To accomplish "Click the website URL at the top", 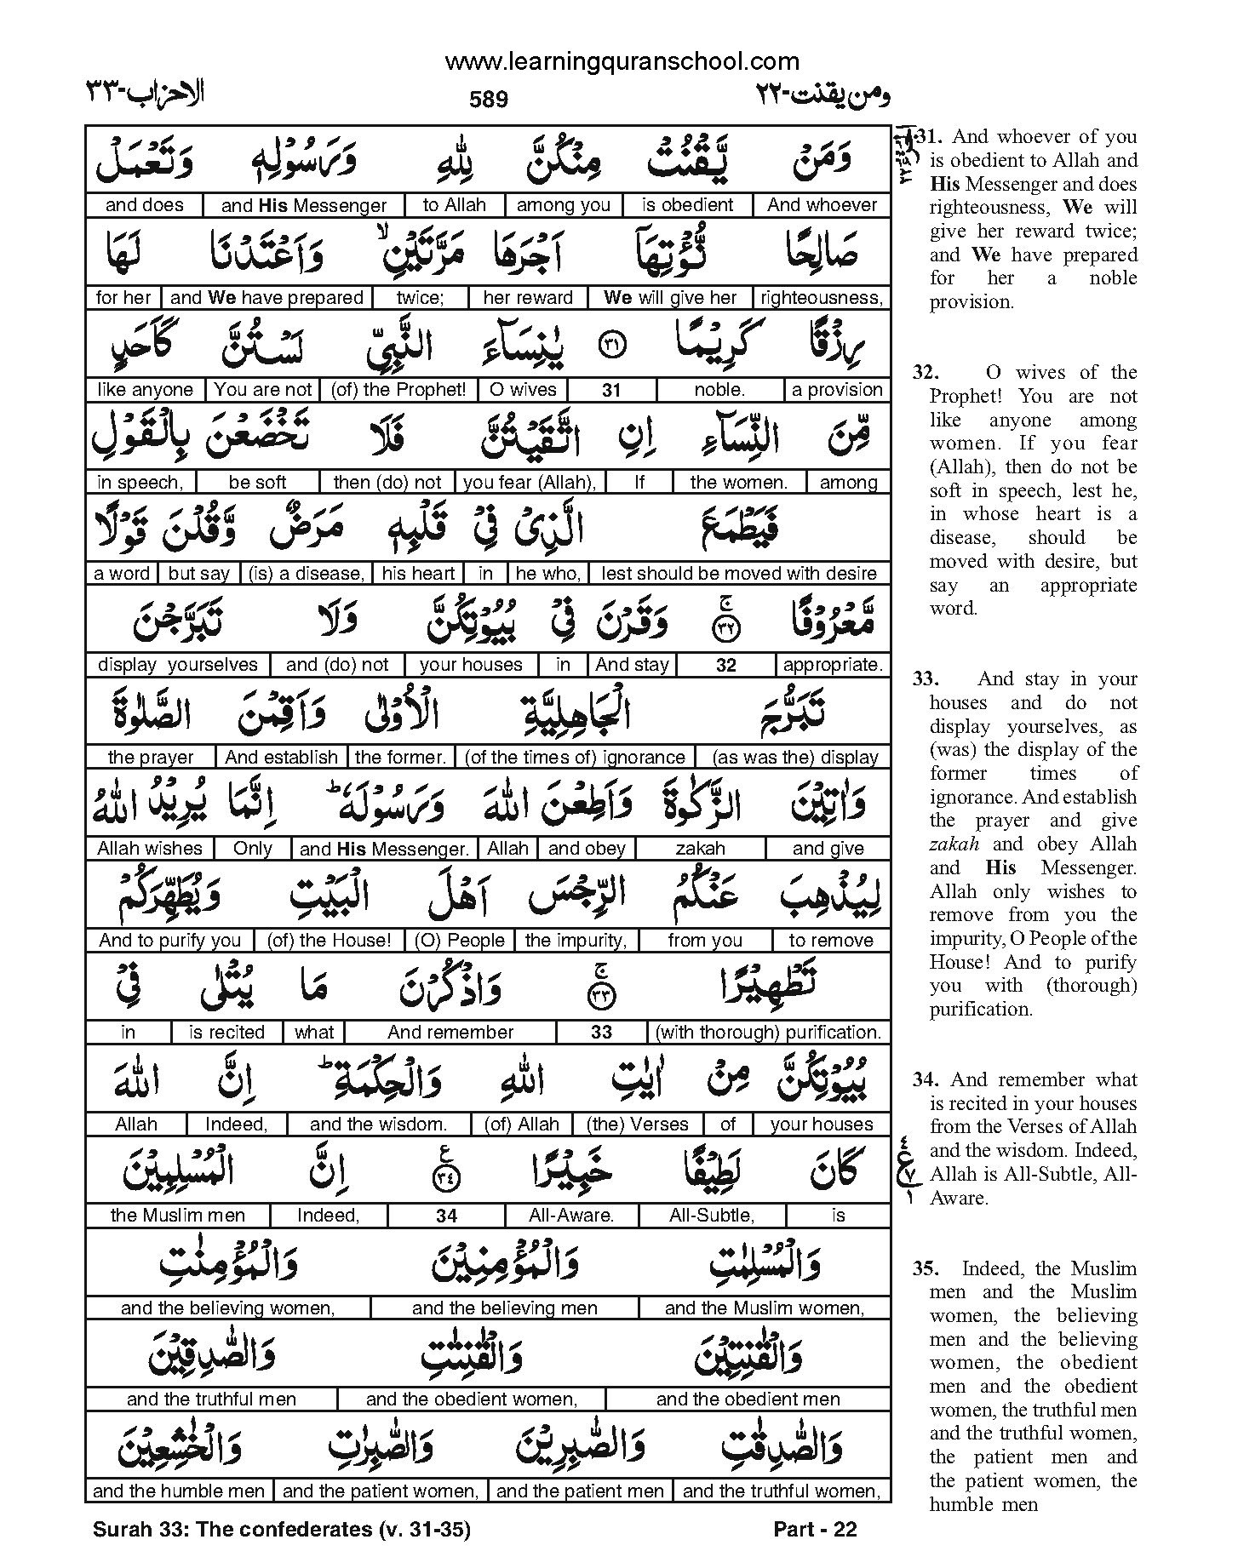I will click(x=622, y=61).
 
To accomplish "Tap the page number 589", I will click(x=489, y=100).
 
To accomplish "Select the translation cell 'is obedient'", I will click(x=687, y=205).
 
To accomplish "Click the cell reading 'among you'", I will click(x=564, y=205).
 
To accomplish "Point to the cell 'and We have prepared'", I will click(x=267, y=298).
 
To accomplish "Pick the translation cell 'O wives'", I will click(x=523, y=390).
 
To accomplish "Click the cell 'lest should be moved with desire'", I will click(x=739, y=574).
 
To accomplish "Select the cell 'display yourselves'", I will click(x=178, y=665).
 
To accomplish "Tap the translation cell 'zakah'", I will click(x=700, y=849).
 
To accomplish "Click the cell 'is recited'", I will click(x=226, y=1033).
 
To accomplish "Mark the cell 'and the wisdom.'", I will click(x=378, y=1125).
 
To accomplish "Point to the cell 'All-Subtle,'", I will click(x=712, y=1216).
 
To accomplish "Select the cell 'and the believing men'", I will click(x=504, y=1308).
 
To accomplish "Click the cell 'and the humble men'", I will click(x=180, y=1491).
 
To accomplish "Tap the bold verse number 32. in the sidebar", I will click(x=926, y=373).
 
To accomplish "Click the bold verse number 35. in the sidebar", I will click(x=926, y=1269).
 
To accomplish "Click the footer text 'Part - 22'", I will click(x=815, y=1530).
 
